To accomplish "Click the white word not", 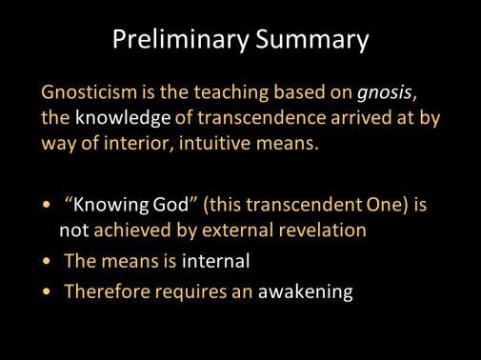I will point(73,230).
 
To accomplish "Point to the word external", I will point(248,230).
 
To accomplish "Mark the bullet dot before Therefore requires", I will point(48,293).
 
